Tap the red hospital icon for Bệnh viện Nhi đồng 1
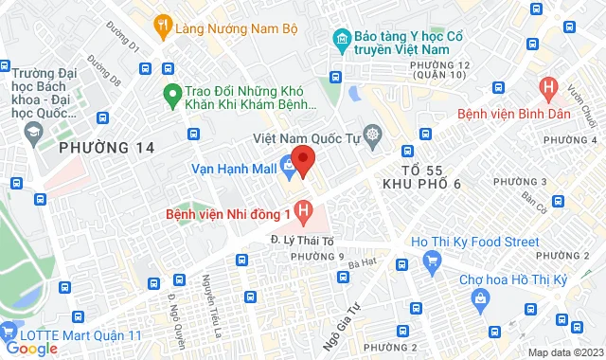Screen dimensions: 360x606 [303, 210]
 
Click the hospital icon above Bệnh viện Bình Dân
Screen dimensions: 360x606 [547, 91]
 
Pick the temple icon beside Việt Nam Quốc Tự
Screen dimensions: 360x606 [371, 135]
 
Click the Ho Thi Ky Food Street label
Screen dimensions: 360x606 [476, 243]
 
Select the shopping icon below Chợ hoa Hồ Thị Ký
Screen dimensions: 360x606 [481, 299]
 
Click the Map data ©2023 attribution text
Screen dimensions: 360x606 [563, 352]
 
